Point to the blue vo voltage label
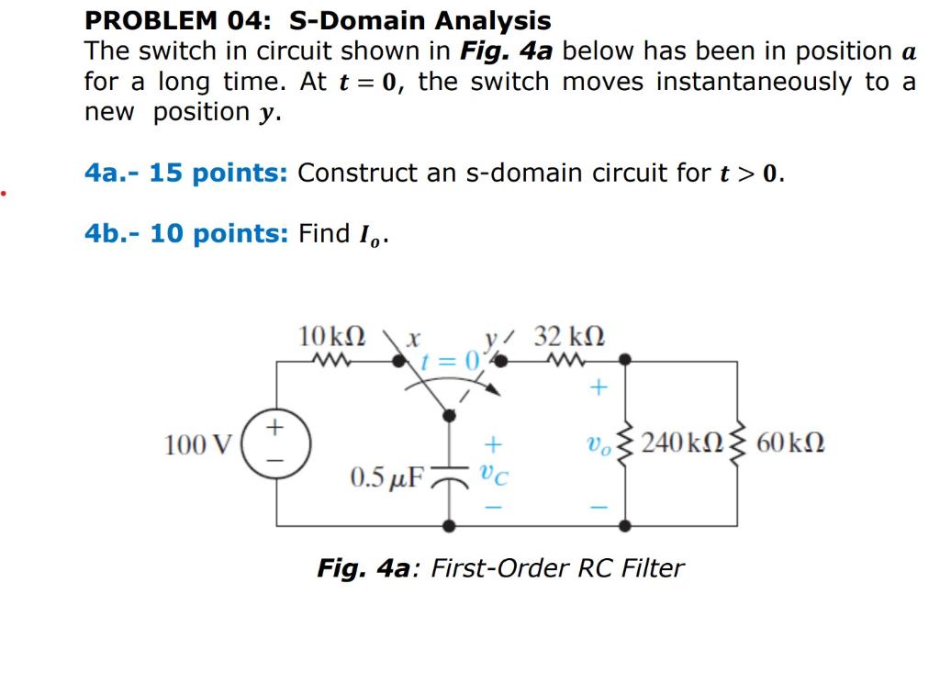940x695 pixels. click(x=597, y=444)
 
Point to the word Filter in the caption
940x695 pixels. click(x=653, y=568)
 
